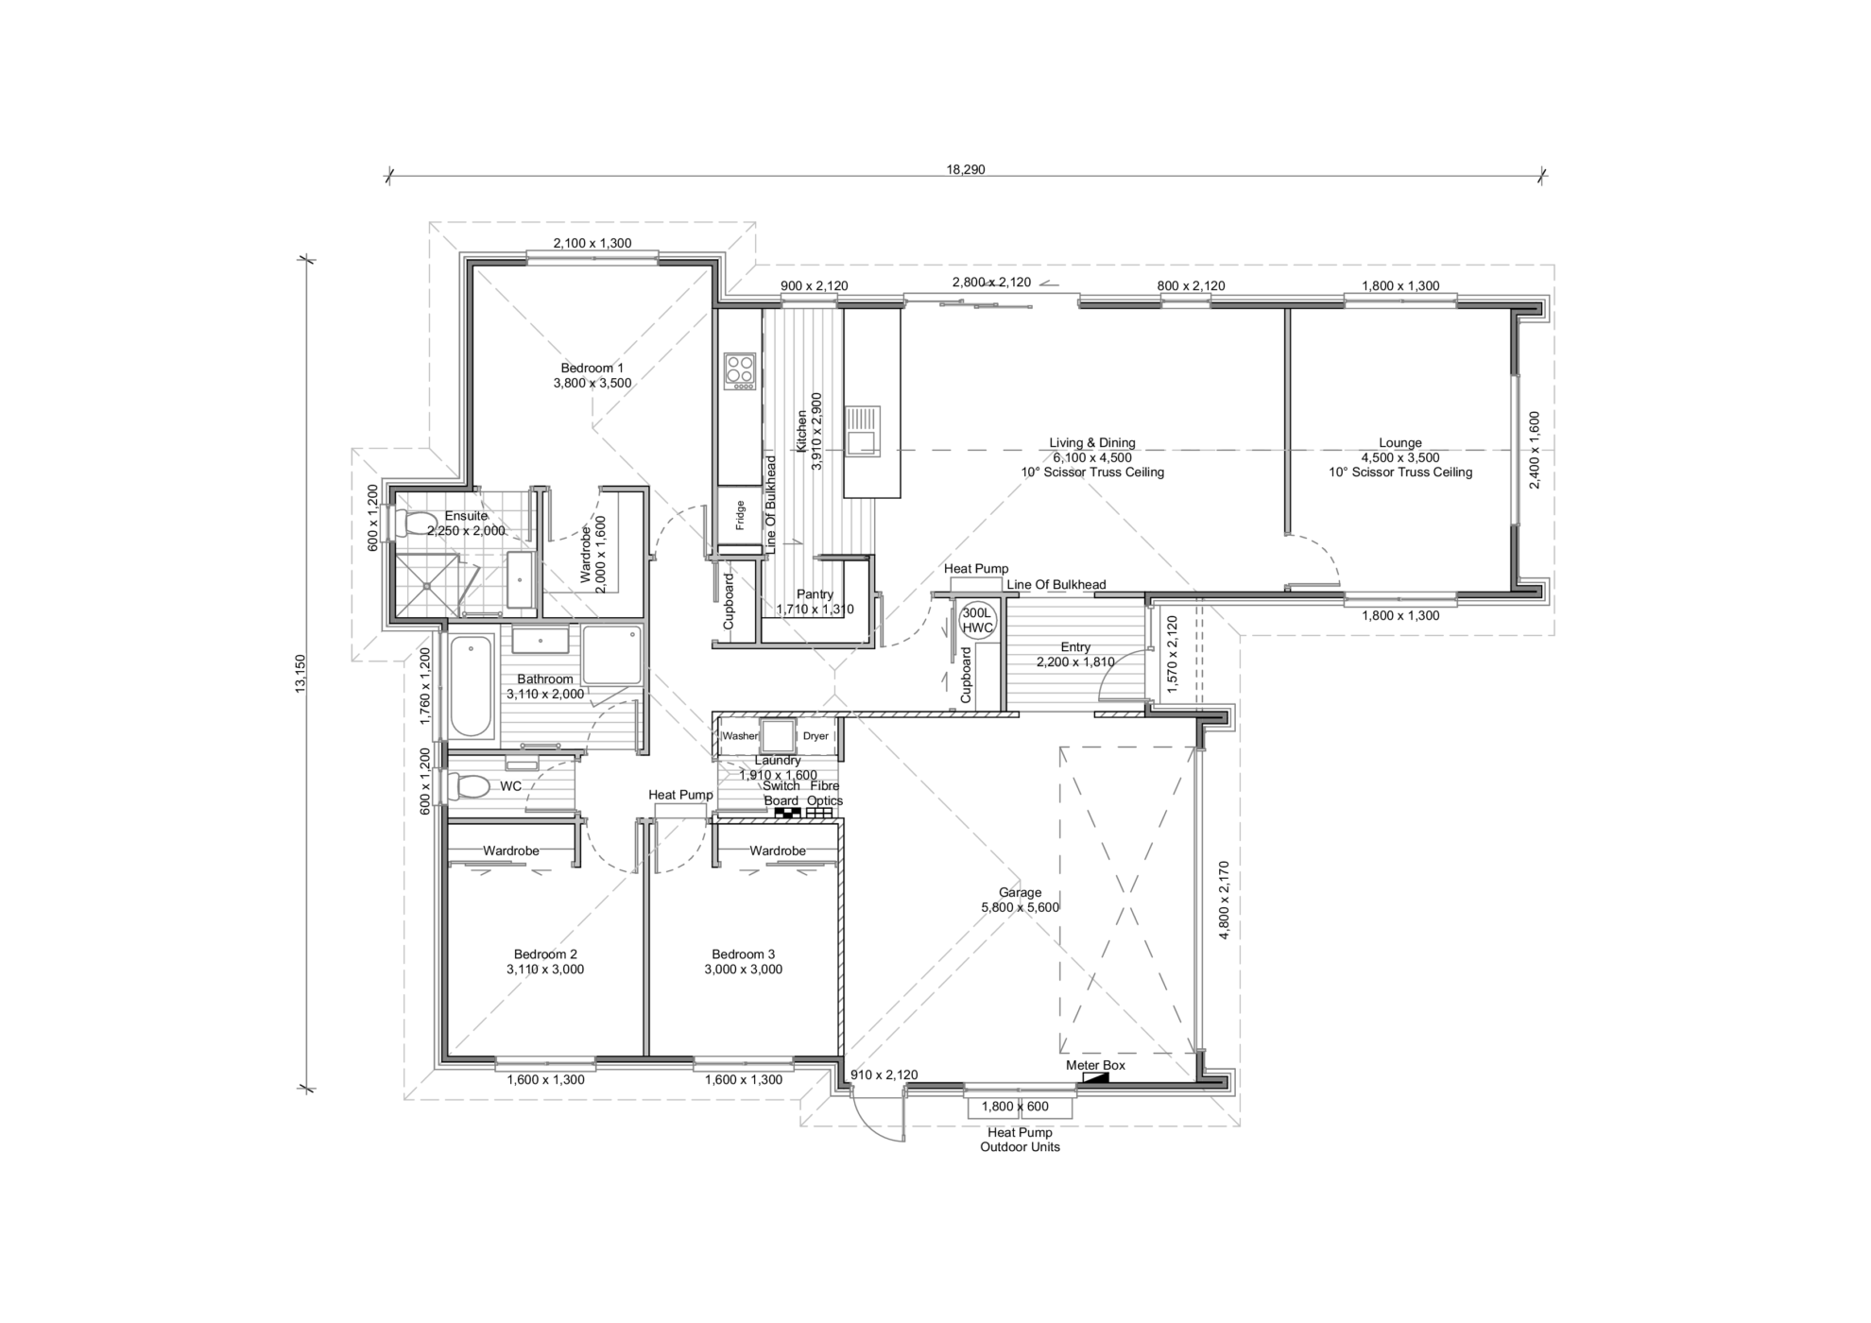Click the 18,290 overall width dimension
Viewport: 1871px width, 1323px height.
click(x=966, y=170)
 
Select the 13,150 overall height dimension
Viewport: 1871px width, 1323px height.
click(x=300, y=674)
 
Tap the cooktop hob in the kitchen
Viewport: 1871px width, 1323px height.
click(x=740, y=371)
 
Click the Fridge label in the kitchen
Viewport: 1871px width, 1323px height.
click(x=740, y=515)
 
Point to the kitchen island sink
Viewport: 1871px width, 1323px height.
click(x=862, y=431)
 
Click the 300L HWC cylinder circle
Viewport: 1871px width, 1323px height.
click(x=977, y=621)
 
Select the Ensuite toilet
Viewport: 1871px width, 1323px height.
click(x=412, y=523)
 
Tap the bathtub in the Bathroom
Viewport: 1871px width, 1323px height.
click(x=471, y=687)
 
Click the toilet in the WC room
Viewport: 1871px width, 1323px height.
click(x=468, y=786)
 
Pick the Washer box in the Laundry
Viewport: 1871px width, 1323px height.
click(x=740, y=736)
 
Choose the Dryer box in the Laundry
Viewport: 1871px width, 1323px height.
click(x=815, y=736)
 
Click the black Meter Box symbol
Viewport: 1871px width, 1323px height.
click(x=1096, y=1077)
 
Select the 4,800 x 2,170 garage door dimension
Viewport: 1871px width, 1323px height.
click(x=1224, y=900)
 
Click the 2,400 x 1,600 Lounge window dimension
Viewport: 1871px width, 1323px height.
click(x=1535, y=450)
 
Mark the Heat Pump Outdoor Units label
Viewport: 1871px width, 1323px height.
click(x=1020, y=1140)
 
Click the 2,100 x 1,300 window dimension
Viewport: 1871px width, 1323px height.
click(x=592, y=243)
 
